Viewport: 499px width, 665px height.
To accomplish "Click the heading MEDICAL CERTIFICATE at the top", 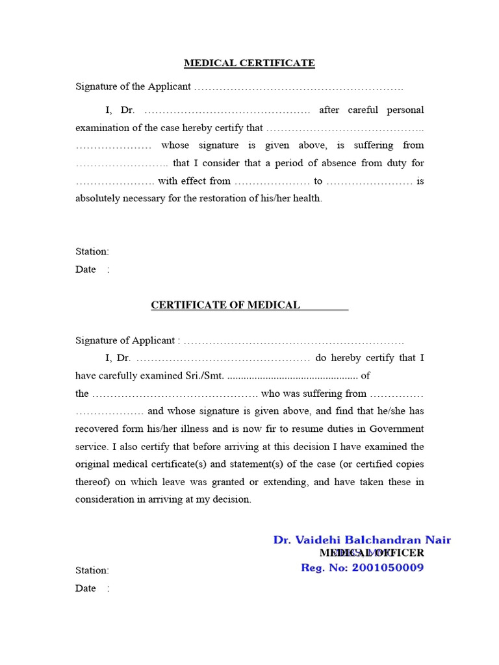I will [x=249, y=63].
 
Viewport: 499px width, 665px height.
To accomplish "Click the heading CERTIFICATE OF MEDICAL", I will [x=225, y=305].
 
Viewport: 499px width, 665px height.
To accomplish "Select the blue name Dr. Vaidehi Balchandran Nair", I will [x=362, y=540].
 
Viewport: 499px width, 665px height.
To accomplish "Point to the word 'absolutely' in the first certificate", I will [x=98, y=199].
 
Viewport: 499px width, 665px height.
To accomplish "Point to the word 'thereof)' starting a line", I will [x=95, y=482].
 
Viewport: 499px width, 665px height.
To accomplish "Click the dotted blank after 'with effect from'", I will [x=272, y=182].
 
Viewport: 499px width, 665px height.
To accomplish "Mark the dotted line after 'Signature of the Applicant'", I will [x=298, y=87].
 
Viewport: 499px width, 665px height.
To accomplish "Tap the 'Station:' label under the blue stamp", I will [x=92, y=571].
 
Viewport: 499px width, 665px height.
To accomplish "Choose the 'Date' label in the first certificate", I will [x=86, y=270].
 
